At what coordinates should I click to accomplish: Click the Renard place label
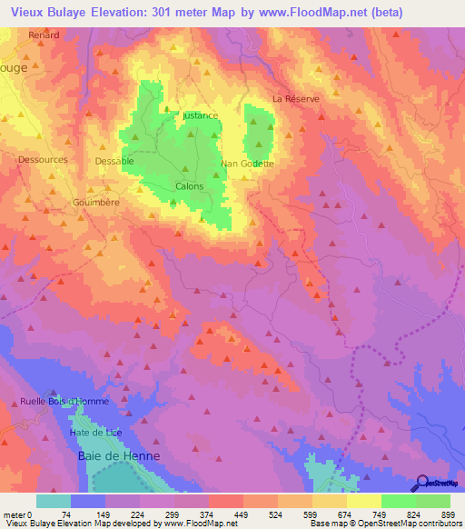44,35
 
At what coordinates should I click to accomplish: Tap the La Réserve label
296,98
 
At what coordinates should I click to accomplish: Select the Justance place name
200,116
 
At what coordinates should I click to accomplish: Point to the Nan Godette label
248,165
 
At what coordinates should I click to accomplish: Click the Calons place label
189,186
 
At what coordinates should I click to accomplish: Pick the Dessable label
114,161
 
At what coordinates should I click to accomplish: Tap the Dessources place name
43,159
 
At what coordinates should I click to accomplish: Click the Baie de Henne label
119,455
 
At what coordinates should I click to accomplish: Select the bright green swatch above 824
399,501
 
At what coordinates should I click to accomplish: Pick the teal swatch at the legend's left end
54,501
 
